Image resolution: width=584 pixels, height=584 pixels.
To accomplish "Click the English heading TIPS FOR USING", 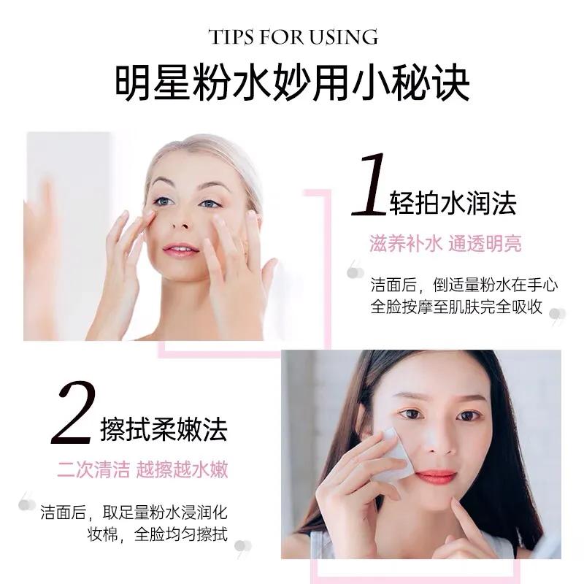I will [x=293, y=36].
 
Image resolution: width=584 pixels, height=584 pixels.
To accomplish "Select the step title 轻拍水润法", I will [x=453, y=203].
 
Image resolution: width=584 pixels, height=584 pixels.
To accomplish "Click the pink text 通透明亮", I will [x=486, y=245].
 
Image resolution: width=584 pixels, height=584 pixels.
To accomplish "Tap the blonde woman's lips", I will [x=180, y=250].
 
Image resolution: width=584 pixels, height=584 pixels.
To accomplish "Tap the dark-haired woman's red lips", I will [x=437, y=477].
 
